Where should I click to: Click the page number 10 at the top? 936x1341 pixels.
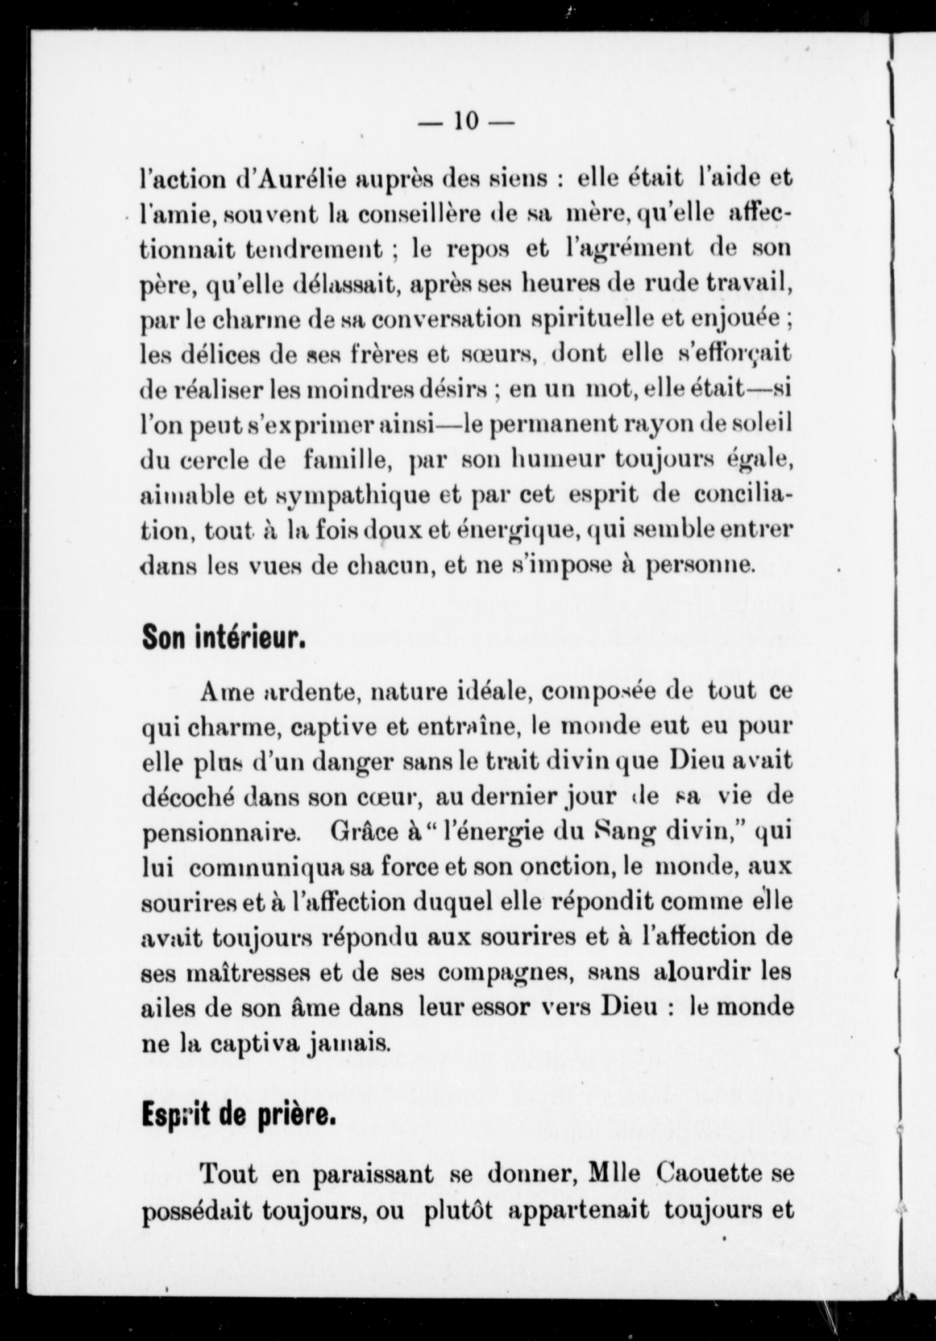pos(465,121)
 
